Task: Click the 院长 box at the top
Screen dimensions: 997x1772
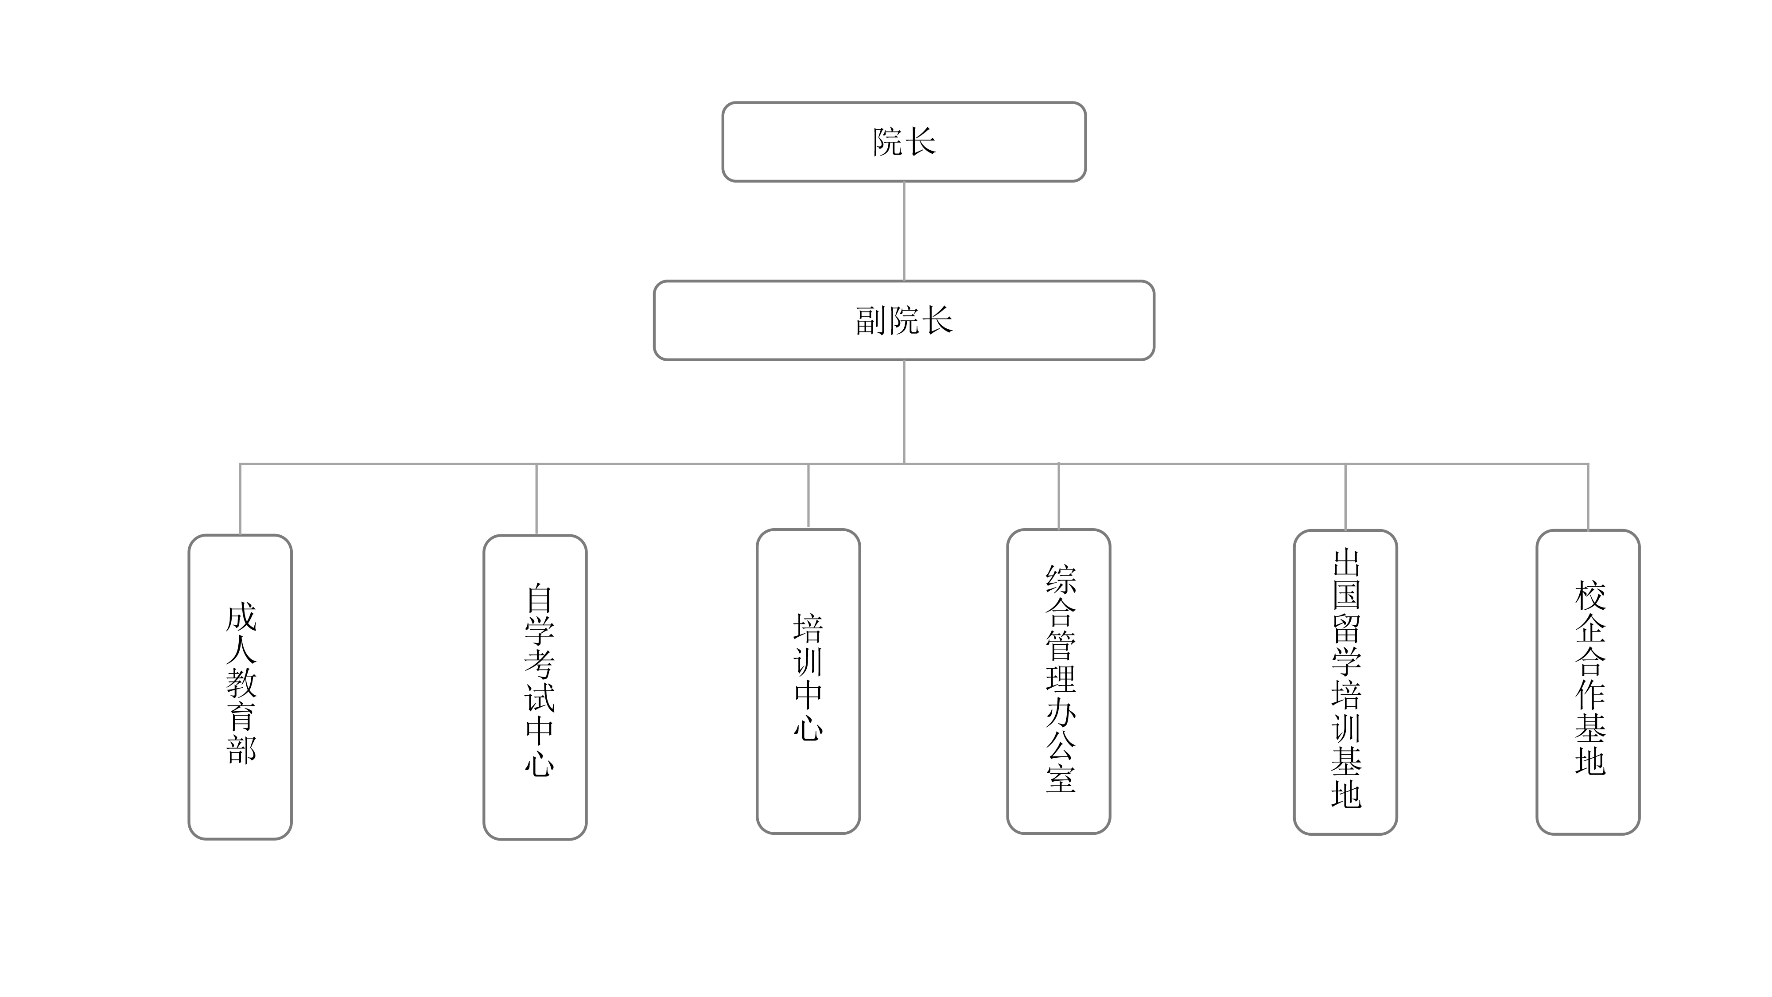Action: (x=903, y=142)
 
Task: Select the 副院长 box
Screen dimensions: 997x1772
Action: (x=903, y=320)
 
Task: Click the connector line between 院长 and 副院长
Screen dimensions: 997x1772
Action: (x=903, y=230)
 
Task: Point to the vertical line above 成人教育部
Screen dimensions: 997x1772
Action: (x=240, y=499)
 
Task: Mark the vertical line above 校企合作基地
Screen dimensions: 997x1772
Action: (x=1588, y=497)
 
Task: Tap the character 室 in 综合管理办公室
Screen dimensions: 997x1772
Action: (x=1060, y=778)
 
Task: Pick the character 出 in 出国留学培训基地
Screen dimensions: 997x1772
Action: (x=1346, y=562)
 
